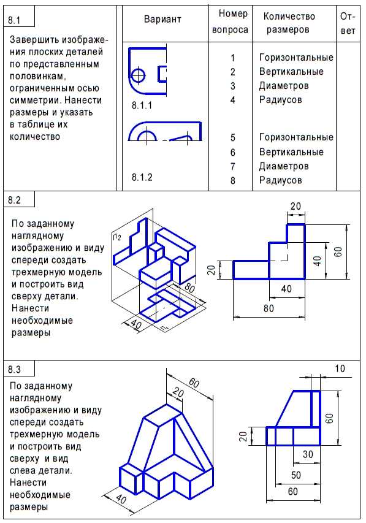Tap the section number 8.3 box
pos(19,368)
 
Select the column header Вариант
pos(162,19)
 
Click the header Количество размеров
pos(289,23)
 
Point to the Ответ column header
pos(348,23)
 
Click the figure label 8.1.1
pos(142,105)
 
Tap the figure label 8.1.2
pos(142,177)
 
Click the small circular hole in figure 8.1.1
pos(139,75)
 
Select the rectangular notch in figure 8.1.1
pos(162,74)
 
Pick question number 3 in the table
pos(232,86)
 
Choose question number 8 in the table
pos(232,180)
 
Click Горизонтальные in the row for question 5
pos(296,137)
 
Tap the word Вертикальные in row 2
pos(291,71)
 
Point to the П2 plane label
pos(116,237)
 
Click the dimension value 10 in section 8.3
pos(340,368)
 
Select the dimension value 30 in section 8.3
pos(308,454)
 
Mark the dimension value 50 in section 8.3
pos(296,475)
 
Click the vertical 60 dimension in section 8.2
pos(338,251)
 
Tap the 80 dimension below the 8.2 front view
pos(269,308)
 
